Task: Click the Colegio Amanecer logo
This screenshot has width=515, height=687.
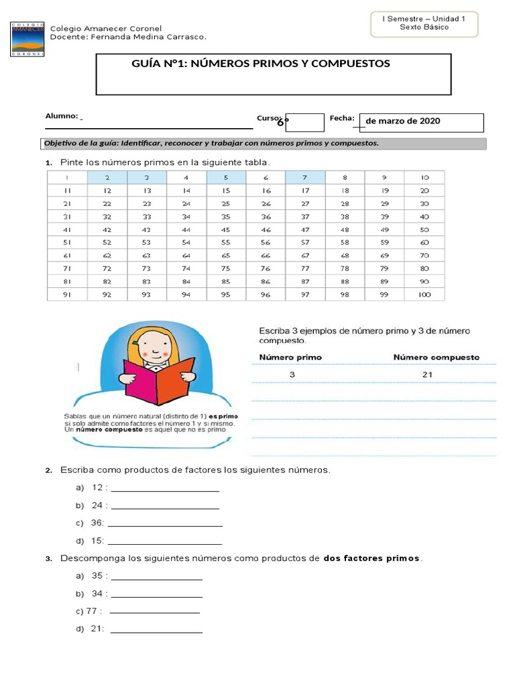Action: click(27, 38)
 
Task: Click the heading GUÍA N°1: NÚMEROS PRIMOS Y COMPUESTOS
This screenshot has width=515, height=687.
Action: click(262, 64)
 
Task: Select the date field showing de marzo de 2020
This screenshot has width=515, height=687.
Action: click(421, 121)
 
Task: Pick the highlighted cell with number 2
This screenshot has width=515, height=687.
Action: click(107, 178)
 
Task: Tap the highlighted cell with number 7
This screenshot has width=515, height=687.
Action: click(305, 178)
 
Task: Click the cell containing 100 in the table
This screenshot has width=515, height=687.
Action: click(424, 294)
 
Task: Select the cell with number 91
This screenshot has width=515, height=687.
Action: click(67, 294)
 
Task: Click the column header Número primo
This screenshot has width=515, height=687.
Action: click(290, 357)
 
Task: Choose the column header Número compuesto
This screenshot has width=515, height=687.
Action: click(436, 357)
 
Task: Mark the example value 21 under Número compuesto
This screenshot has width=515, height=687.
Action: click(427, 375)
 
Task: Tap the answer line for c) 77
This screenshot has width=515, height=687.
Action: click(154, 613)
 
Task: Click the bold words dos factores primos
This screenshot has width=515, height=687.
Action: click(371, 558)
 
